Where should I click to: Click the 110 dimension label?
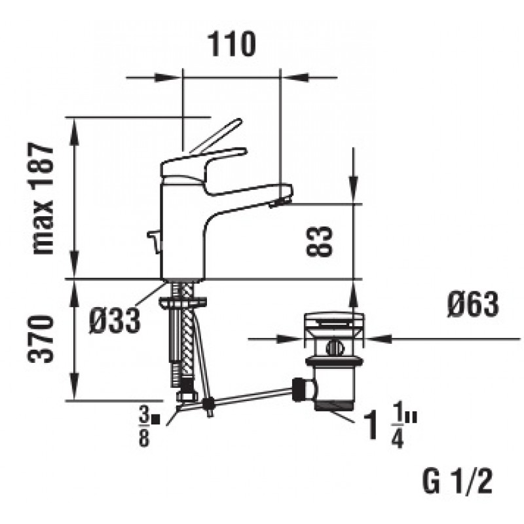[x=232, y=44]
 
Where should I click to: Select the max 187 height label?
[x=43, y=198]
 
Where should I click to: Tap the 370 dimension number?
[x=40, y=339]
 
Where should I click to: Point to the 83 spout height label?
[x=320, y=241]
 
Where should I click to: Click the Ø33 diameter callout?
[x=114, y=320]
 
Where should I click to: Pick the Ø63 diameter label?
[x=472, y=304]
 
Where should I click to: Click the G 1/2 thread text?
[x=457, y=481]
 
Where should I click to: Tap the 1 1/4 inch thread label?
[x=390, y=424]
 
